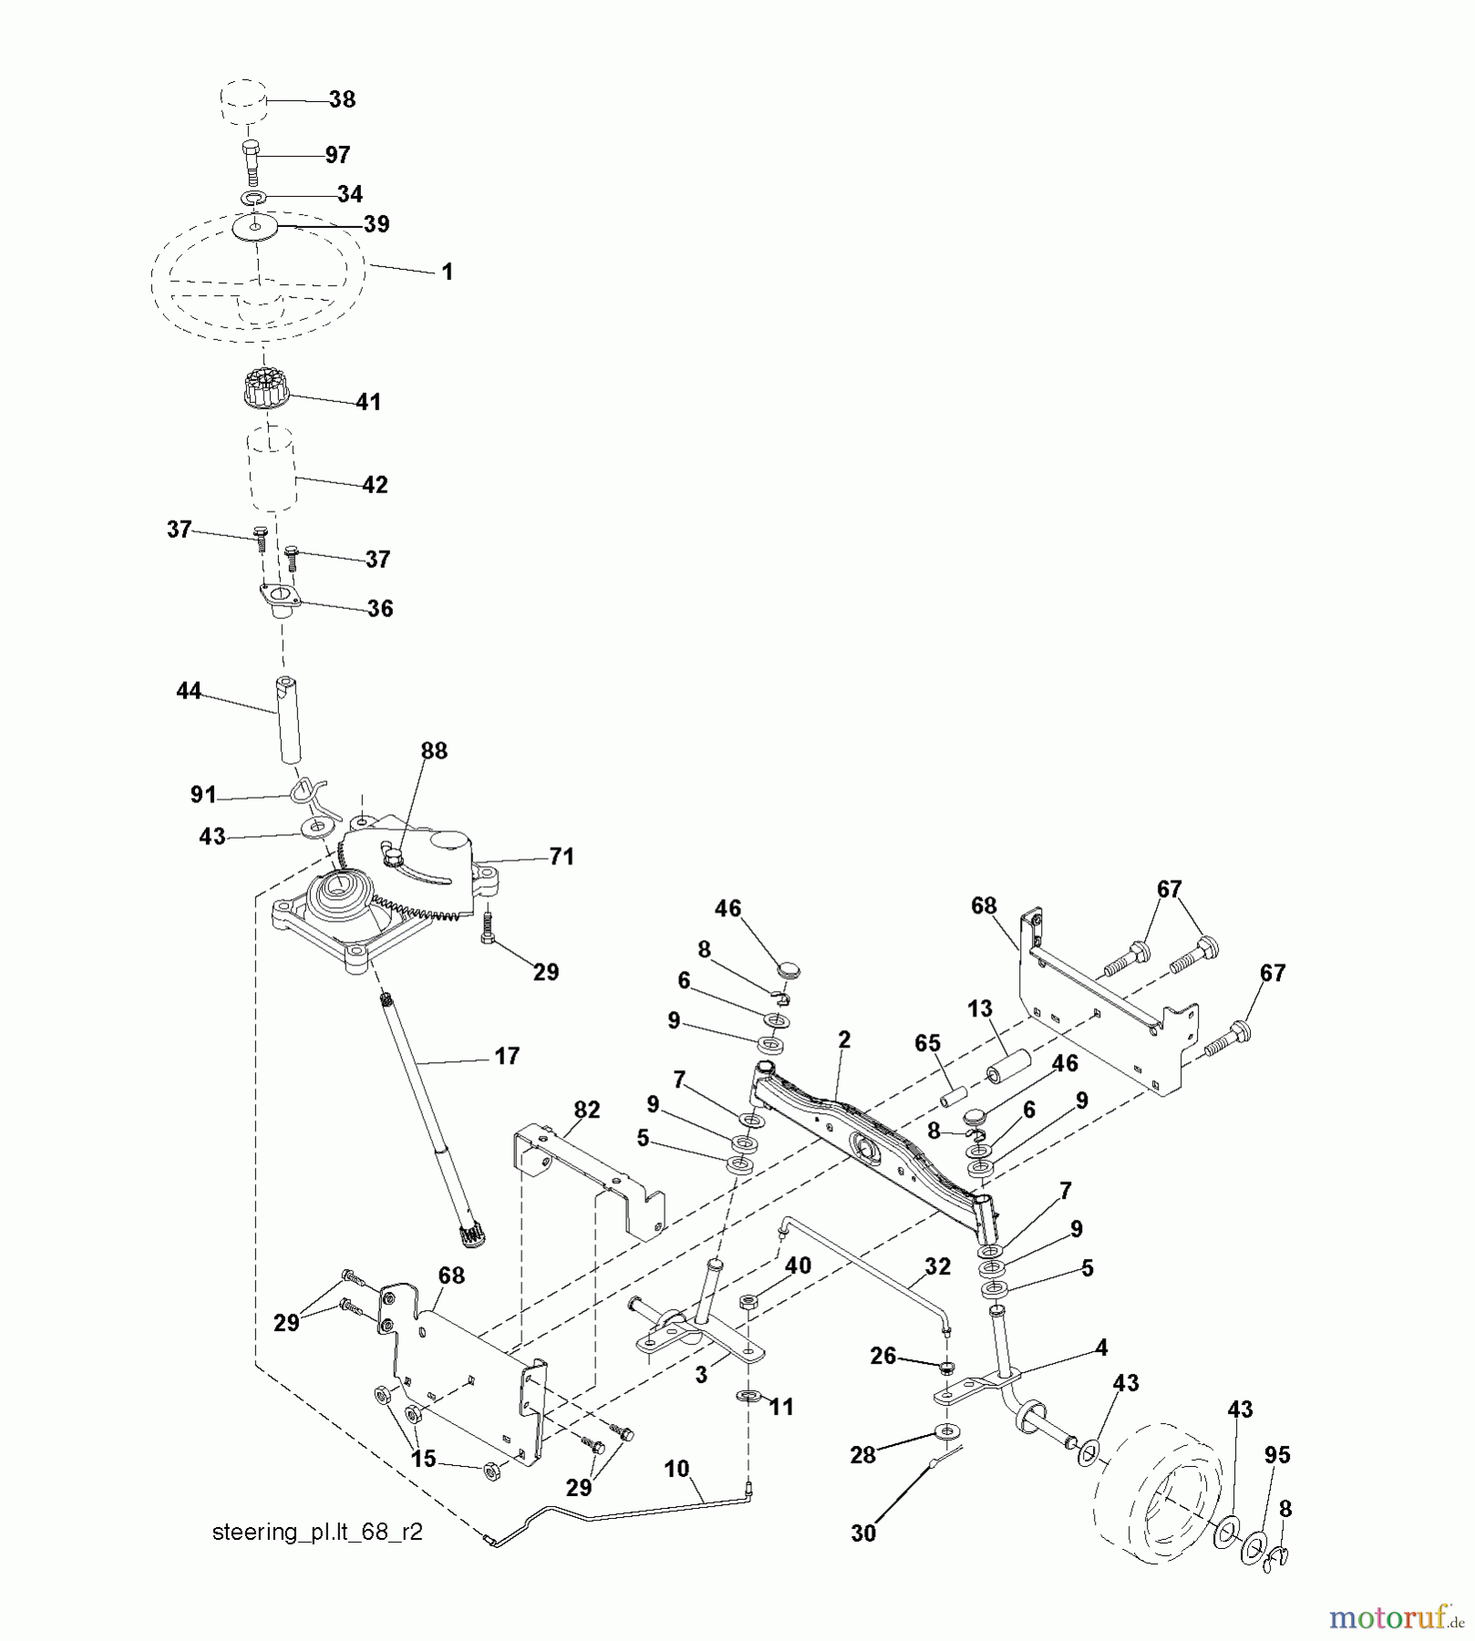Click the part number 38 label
pos(342,99)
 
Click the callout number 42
pos(375,485)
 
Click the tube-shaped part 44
pos(290,719)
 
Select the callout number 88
pos(434,750)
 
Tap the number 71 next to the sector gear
pos(562,856)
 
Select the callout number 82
pos(587,1109)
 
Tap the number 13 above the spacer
pos(980,1009)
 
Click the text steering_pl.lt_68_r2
pos(317,1532)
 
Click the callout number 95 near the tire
pos(1277,1455)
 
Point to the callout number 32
pos(937,1266)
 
